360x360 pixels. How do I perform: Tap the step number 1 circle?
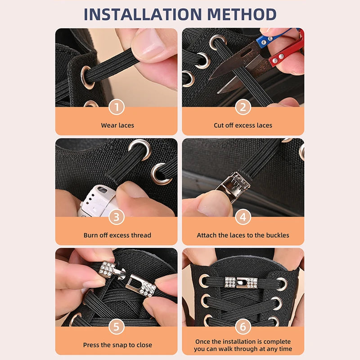[x=117, y=107]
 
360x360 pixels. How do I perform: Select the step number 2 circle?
[x=243, y=107]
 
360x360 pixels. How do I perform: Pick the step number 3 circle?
[x=117, y=217]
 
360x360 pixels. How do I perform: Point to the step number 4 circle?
[x=243, y=217]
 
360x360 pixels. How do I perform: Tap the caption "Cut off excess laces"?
[x=243, y=125]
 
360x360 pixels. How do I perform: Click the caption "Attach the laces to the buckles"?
[x=243, y=235]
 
